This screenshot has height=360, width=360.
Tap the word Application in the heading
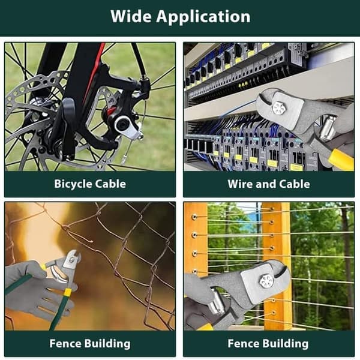coord(203,17)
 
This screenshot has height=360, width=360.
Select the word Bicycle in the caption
coord(73,184)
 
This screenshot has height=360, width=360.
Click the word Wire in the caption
coord(239,184)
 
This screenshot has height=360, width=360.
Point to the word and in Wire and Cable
coord(265,184)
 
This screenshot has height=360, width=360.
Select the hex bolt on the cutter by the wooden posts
coord(266,281)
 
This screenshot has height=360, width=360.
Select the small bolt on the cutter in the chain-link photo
coord(72,259)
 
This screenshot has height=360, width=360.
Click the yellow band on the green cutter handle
coord(68,292)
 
